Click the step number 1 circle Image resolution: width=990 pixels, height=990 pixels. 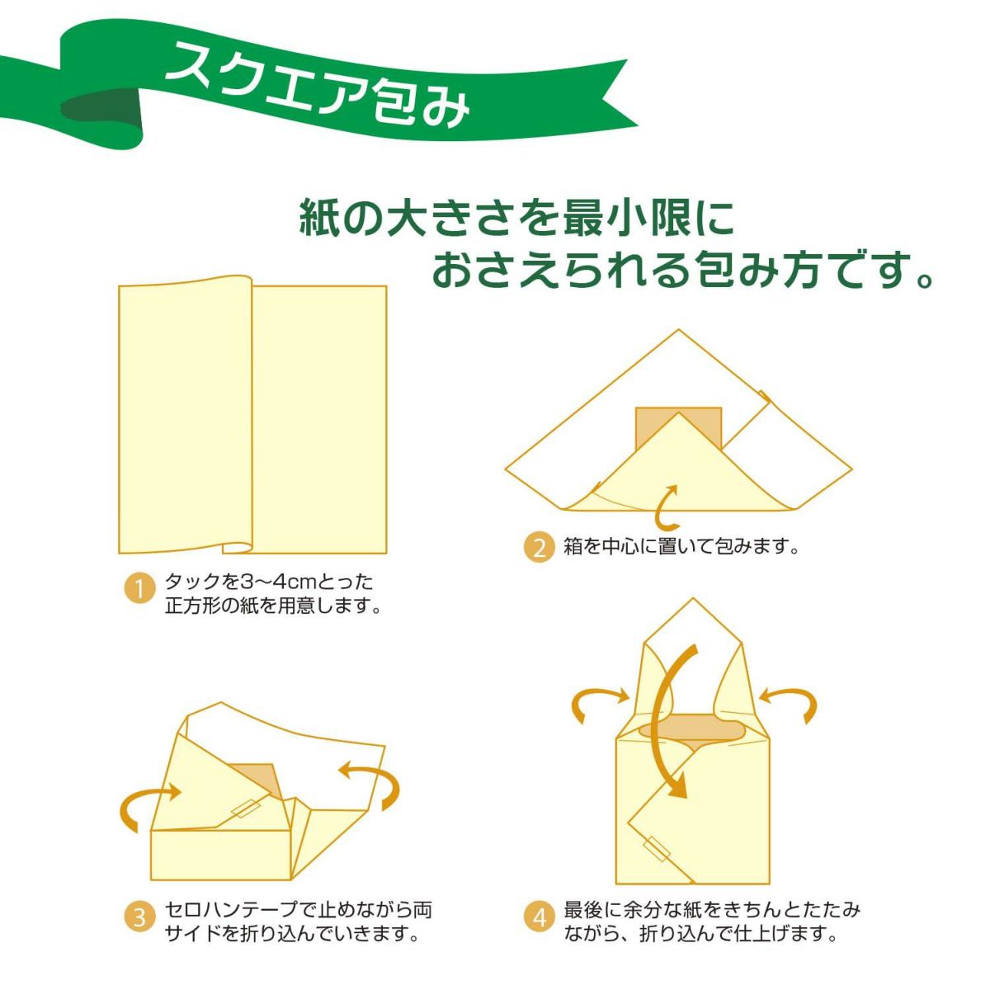point(139,589)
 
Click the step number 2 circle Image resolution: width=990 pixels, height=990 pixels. point(539,547)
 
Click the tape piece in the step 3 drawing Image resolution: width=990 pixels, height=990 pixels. point(245,808)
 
